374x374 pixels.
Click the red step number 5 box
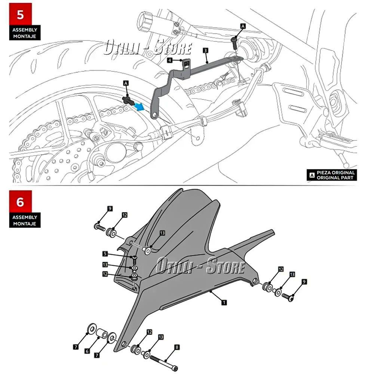pos(20,15)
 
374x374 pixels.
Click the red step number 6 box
pos(20,202)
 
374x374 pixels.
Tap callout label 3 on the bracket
pos(206,50)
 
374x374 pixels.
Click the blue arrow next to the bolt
pos(139,107)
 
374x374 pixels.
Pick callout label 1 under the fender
pos(224,302)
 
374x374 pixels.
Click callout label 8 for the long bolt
pos(177,347)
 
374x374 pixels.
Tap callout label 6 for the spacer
pos(87,351)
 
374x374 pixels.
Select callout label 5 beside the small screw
pos(105,254)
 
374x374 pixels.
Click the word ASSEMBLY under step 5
pos(25,30)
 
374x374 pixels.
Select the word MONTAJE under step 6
pos(25,224)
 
